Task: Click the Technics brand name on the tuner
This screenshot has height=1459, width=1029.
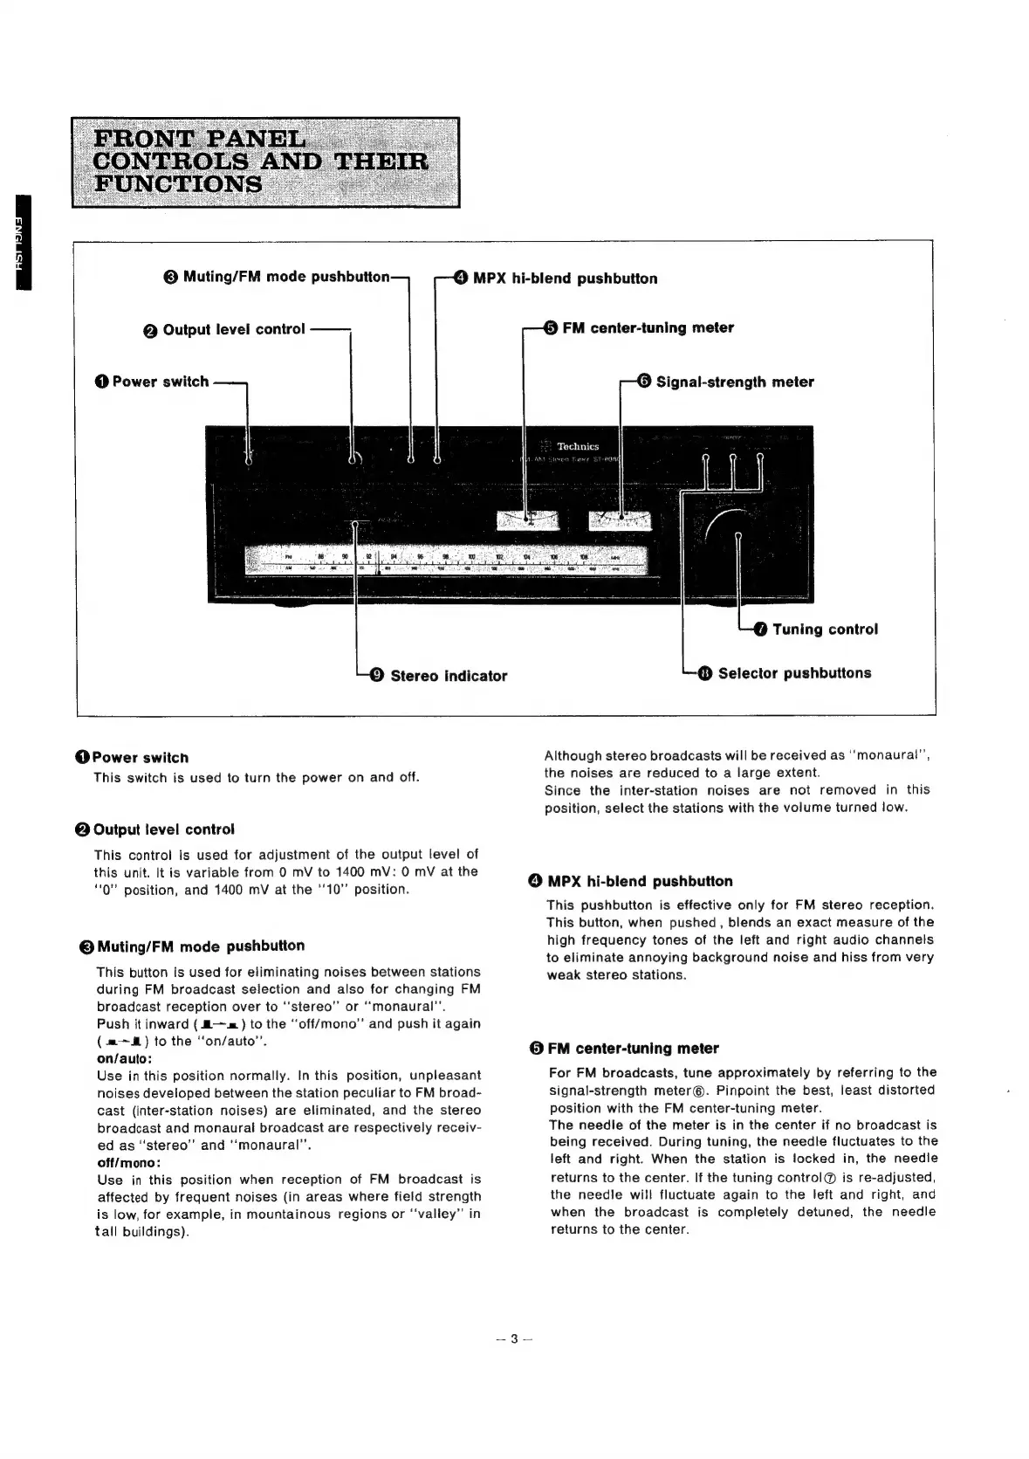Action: pos(578,446)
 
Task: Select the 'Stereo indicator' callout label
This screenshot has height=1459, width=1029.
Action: pos(448,676)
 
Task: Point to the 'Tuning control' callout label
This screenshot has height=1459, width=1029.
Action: pos(825,630)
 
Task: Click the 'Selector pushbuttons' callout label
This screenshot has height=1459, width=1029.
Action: pos(794,673)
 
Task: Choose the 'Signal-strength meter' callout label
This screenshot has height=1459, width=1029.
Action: pos(734,382)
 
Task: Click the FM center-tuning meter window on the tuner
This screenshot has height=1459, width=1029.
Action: pos(526,520)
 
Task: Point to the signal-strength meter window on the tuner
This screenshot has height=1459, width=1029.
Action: pos(621,520)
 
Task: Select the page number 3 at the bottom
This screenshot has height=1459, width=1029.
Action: pos(515,1339)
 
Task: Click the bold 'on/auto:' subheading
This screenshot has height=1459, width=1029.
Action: pos(125,1058)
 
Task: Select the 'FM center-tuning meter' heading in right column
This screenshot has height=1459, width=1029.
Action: pos(633,1048)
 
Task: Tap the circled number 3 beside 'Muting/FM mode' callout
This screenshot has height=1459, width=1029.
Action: pos(171,278)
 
